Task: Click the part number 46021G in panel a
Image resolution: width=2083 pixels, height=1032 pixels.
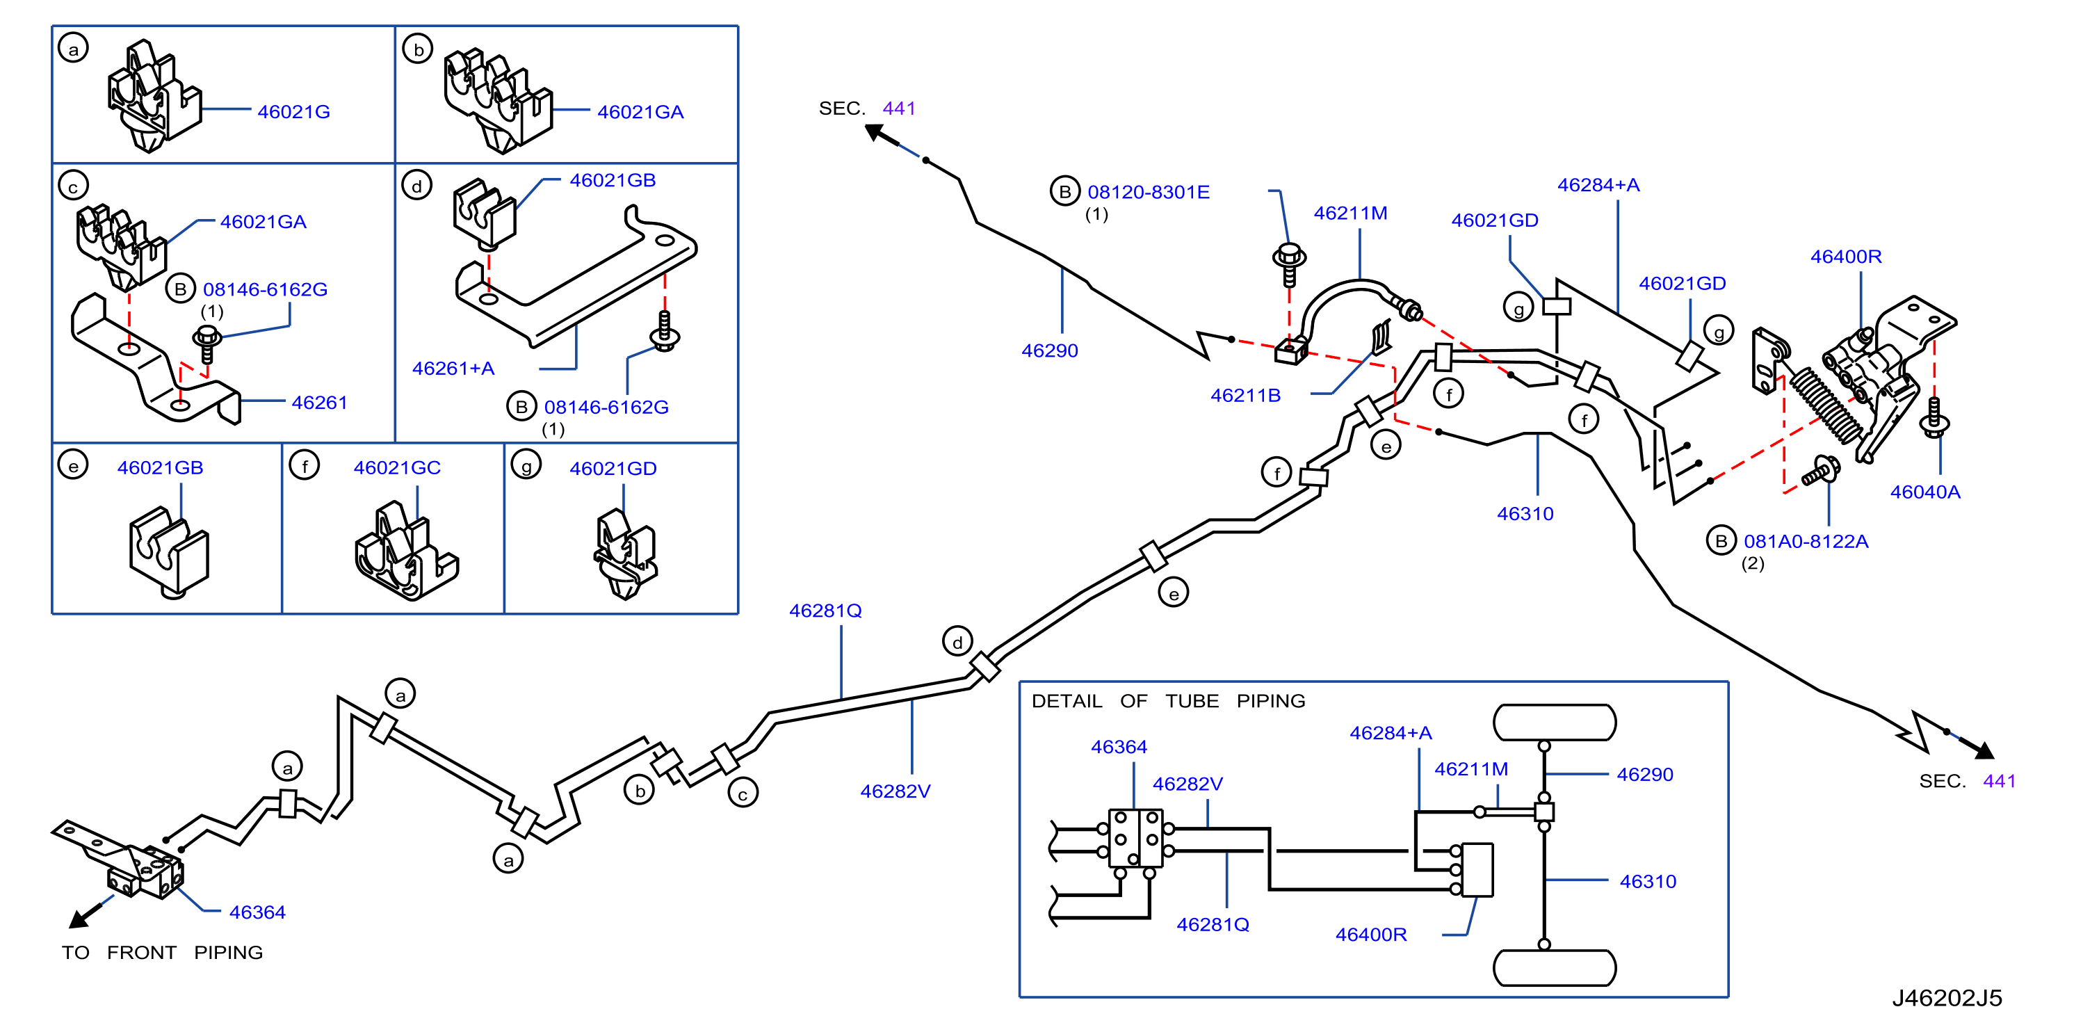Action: [x=293, y=111]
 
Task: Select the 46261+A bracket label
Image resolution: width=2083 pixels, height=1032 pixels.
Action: [x=453, y=368]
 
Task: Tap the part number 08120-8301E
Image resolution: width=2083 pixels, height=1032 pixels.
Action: [x=1149, y=192]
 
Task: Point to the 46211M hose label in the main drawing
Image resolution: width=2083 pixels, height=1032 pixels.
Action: [x=1350, y=213]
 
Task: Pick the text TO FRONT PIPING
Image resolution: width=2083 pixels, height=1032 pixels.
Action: [x=163, y=952]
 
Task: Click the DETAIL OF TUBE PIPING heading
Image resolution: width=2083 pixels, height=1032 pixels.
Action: [x=1169, y=700]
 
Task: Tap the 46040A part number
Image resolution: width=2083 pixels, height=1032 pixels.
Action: [x=1924, y=492]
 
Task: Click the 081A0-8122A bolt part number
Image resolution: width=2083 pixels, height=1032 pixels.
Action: [x=1806, y=541]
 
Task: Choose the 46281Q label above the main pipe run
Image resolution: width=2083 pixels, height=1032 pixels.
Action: [x=825, y=611]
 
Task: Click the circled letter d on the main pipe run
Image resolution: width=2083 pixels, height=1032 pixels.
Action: [x=957, y=642]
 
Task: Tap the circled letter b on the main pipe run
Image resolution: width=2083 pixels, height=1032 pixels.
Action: [x=640, y=790]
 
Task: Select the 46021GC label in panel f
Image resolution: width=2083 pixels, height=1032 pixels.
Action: [x=397, y=467]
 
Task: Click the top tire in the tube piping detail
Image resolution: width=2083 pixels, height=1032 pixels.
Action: [x=1554, y=723]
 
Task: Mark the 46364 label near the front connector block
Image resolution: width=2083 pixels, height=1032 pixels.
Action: [x=257, y=912]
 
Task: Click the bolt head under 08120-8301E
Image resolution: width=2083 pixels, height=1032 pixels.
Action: [x=1289, y=257]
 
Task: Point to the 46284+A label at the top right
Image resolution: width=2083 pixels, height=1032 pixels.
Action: [x=1598, y=184]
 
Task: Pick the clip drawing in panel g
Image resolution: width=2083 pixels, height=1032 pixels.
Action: [x=624, y=554]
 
